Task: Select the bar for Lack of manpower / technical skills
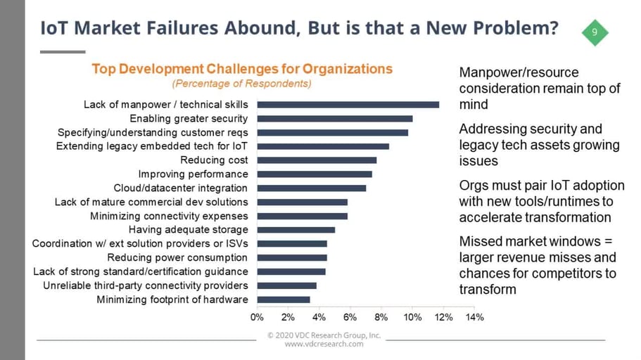[x=348, y=105]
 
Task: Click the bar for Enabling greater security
[x=334, y=119]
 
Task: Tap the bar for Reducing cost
[x=317, y=160]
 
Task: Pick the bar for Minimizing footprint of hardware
[x=284, y=300]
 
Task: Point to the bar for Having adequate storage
[x=296, y=230]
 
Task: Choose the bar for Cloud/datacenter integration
[x=311, y=188]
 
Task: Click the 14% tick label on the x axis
[x=475, y=318]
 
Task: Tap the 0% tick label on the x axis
[x=258, y=318]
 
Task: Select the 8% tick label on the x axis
[x=381, y=318]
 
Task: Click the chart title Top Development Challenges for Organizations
[x=242, y=69]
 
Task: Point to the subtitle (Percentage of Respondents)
[x=241, y=84]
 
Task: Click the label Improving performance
[x=193, y=174]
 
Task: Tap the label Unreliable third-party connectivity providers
[x=146, y=285]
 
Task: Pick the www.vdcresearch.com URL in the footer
[x=324, y=344]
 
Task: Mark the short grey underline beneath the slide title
[x=62, y=51]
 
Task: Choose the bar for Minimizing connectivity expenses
[x=302, y=216]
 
